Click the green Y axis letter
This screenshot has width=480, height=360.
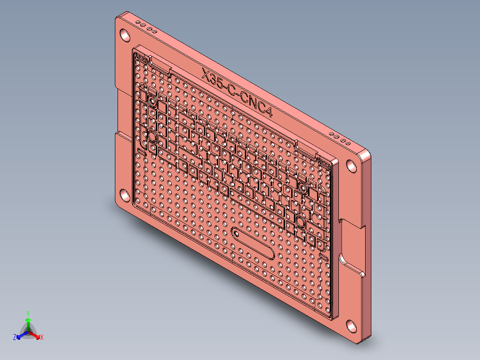click(x=28, y=313)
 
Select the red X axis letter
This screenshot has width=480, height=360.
click(x=42, y=338)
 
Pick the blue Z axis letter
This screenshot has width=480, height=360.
click(x=15, y=338)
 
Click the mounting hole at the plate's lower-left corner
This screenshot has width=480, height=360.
click(x=124, y=195)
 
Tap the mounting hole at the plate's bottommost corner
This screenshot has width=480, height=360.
click(x=352, y=326)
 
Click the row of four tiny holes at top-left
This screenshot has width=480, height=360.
click(x=146, y=27)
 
